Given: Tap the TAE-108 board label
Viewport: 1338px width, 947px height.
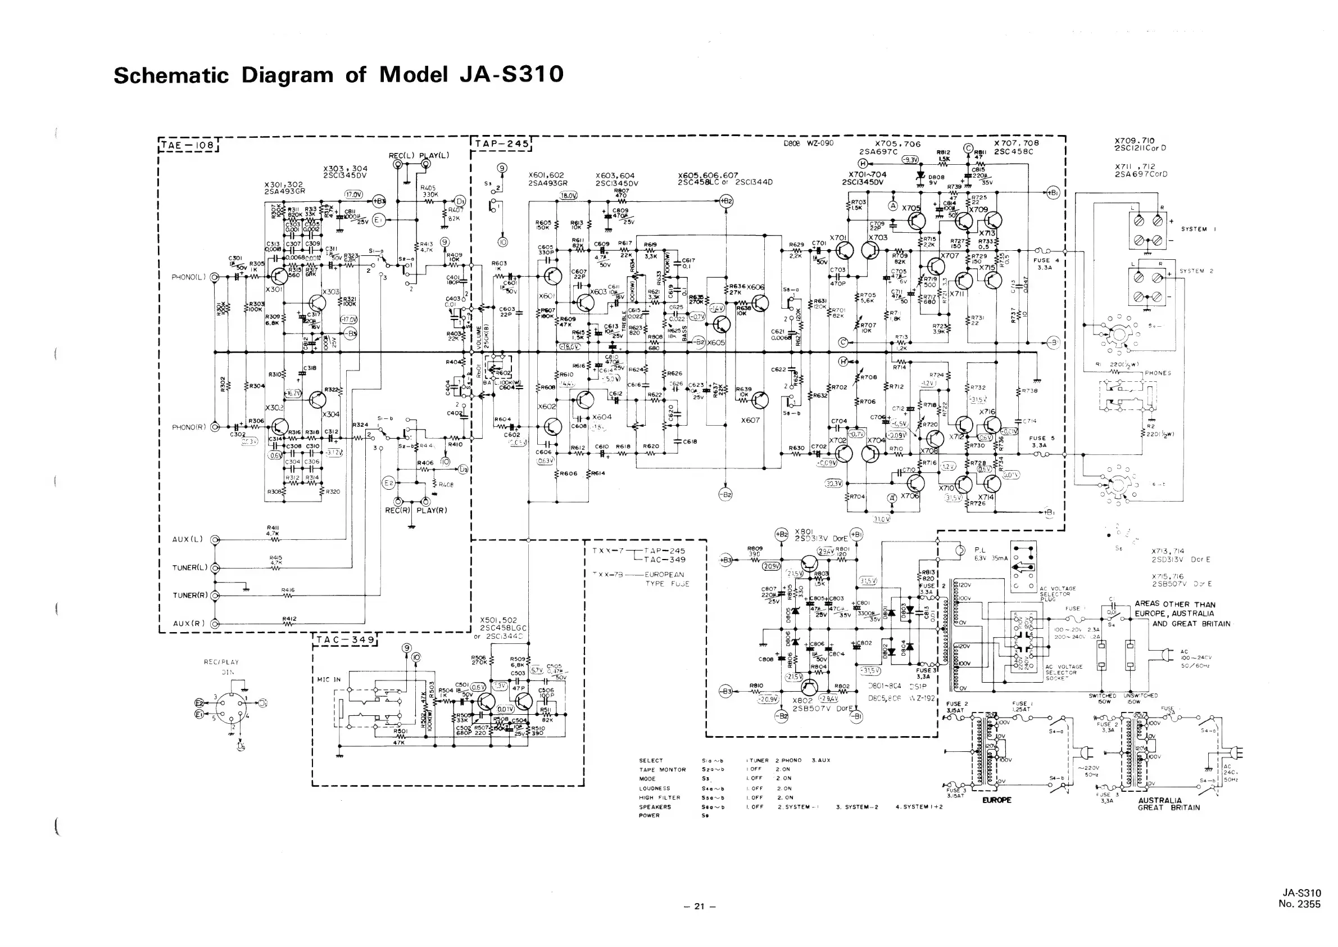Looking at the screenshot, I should (x=188, y=144).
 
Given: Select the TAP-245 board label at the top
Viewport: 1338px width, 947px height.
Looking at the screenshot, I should (x=501, y=144).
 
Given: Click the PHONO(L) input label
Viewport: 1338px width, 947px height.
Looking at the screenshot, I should (x=189, y=277).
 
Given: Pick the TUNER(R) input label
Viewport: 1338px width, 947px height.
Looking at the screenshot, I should (x=190, y=596).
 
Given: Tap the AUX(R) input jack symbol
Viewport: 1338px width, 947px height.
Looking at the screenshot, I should (x=215, y=623).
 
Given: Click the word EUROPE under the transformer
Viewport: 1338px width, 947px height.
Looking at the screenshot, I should (x=996, y=800).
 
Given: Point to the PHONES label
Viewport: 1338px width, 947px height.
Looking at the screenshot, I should (x=1158, y=373).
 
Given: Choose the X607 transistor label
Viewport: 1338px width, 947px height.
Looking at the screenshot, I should (x=750, y=420).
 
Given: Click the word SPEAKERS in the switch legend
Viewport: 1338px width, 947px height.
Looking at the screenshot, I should (x=655, y=807).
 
